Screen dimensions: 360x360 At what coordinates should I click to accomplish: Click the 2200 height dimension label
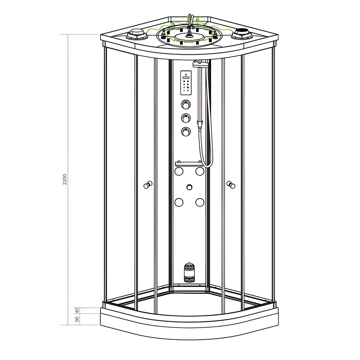click(x=65, y=179)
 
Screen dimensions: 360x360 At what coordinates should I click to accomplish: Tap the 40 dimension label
click(x=76, y=310)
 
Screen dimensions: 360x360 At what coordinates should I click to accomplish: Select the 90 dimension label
click(x=76, y=319)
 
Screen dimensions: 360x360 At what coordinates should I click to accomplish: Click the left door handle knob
click(x=148, y=185)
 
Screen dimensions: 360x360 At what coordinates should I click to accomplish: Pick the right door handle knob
click(x=231, y=185)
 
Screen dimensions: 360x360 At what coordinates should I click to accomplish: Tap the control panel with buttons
click(x=186, y=83)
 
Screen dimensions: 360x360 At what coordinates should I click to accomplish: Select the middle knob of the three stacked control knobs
click(x=186, y=118)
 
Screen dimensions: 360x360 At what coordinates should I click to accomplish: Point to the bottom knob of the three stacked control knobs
click(x=186, y=131)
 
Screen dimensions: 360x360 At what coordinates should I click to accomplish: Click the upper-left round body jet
click(x=179, y=171)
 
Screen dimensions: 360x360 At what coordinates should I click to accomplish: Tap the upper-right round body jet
click(x=199, y=171)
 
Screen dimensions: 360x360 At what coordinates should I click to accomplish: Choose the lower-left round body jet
click(x=179, y=202)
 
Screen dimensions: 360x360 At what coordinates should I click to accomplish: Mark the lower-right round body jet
click(x=199, y=202)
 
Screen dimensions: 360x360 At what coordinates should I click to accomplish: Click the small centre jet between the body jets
click(x=189, y=187)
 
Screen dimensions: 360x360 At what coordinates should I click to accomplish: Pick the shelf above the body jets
click(x=189, y=164)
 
